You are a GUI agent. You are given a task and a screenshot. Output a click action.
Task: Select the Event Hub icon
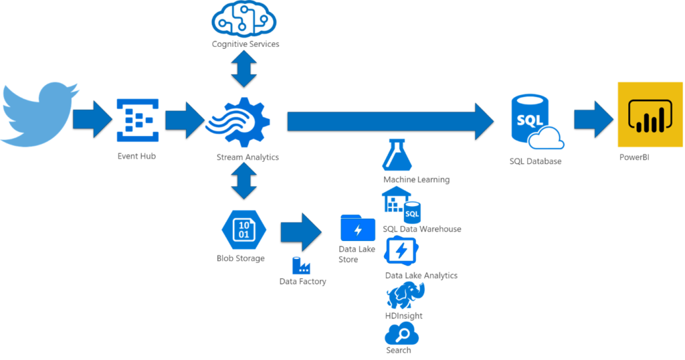(137, 120)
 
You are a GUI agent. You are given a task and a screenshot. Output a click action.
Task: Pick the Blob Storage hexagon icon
(244, 228)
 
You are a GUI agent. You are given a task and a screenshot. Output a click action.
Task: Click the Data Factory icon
(302, 265)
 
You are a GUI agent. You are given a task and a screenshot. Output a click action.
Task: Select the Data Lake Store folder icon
(358, 228)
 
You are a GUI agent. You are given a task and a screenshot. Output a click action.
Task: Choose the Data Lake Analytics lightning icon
(401, 252)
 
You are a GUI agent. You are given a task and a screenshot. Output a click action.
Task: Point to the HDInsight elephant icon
(405, 295)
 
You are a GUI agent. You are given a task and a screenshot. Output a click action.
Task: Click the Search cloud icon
(401, 333)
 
